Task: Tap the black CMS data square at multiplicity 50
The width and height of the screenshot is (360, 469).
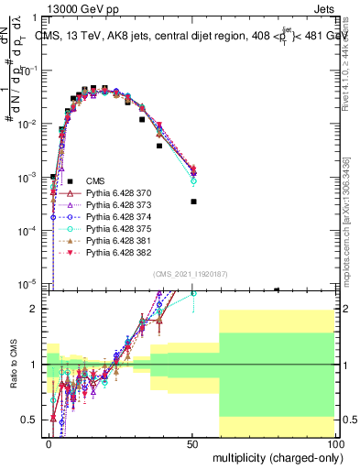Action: (x=193, y=202)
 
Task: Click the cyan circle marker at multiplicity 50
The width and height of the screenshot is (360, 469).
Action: (x=193, y=180)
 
